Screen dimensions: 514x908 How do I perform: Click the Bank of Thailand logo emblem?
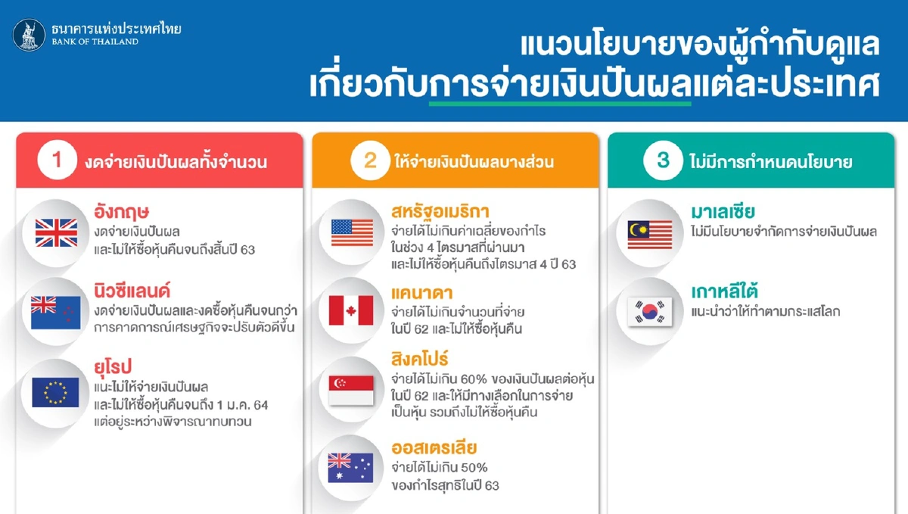[29, 35]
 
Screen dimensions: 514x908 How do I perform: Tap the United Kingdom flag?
[56, 232]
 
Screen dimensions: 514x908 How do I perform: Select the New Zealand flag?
[56, 312]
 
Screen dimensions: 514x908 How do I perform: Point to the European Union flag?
[56, 392]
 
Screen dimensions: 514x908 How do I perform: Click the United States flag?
[352, 232]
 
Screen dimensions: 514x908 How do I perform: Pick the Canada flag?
[352, 310]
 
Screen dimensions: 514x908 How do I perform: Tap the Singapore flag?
[352, 390]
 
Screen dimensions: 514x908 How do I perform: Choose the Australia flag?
[352, 467]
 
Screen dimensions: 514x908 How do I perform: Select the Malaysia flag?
[649, 232]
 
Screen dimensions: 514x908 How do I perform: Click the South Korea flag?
[649, 311]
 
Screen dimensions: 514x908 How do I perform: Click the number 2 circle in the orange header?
[369, 161]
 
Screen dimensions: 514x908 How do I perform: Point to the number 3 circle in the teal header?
[663, 161]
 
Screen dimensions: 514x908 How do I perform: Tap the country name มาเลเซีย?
[723, 211]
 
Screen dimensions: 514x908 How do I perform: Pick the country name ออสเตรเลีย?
[434, 447]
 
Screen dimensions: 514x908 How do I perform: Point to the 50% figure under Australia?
[473, 467]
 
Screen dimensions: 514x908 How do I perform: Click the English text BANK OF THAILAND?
[95, 42]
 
